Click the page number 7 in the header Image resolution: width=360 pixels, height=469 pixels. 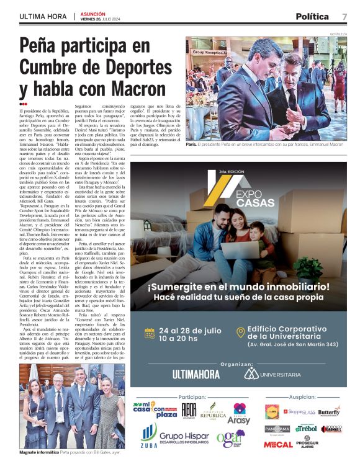344,17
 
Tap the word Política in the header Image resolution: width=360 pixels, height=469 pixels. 312,17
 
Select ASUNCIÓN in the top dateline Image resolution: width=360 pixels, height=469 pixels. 93,13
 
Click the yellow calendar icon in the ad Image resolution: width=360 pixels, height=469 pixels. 150,332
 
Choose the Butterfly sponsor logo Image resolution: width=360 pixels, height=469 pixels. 328,411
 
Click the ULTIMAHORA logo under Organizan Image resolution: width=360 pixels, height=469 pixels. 196,374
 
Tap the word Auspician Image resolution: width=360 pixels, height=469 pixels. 302,396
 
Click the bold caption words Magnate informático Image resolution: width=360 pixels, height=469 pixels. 39,453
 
